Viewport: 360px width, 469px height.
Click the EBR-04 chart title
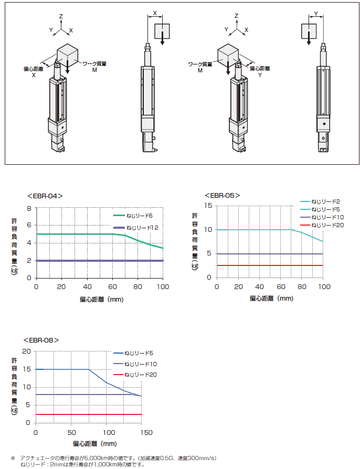(45, 196)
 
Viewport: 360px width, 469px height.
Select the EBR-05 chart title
(223, 195)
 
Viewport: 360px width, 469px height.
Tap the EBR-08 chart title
(41, 340)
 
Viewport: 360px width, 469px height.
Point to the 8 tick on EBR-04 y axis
(29, 208)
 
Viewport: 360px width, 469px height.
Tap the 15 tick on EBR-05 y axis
(208, 206)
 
